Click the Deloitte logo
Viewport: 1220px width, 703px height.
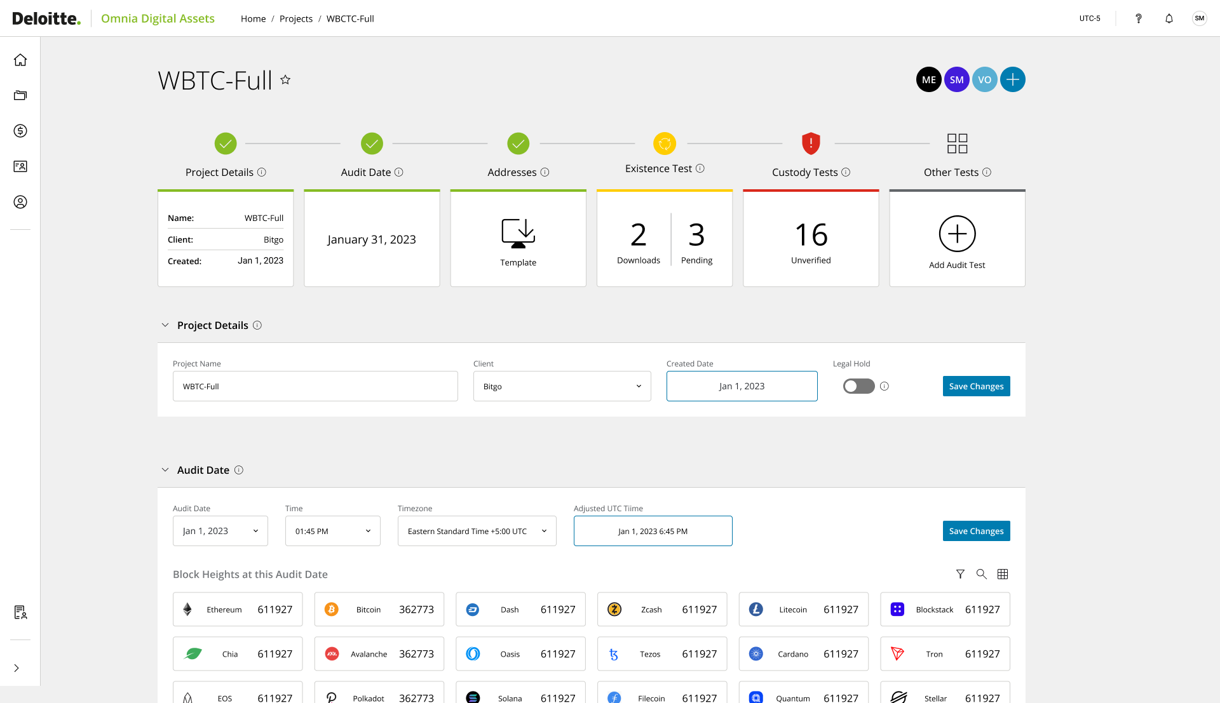pyautogui.click(x=46, y=18)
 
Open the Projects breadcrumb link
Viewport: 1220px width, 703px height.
pyautogui.click(x=295, y=19)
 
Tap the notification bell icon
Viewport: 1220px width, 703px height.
pyautogui.click(x=1169, y=18)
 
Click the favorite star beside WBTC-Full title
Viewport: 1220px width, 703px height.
pyautogui.click(x=285, y=80)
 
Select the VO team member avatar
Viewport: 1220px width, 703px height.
pyautogui.click(x=984, y=80)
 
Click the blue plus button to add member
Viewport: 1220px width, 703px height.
pyautogui.click(x=1012, y=80)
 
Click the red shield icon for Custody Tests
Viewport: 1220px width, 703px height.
pyautogui.click(x=811, y=144)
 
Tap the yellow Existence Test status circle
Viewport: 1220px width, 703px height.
pyautogui.click(x=665, y=144)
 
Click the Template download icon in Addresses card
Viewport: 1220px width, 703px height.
pyautogui.click(x=518, y=233)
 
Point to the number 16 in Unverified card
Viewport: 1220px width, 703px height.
pyautogui.click(x=811, y=235)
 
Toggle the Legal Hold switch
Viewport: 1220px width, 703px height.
pyautogui.click(x=858, y=386)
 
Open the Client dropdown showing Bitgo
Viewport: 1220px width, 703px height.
pyautogui.click(x=562, y=386)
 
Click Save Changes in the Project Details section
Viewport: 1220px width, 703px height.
pyautogui.click(x=976, y=386)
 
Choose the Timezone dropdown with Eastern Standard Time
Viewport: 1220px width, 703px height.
pyautogui.click(x=477, y=531)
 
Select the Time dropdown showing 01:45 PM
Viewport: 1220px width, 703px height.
pyautogui.click(x=332, y=531)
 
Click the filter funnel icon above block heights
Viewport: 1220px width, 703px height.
pyautogui.click(x=960, y=574)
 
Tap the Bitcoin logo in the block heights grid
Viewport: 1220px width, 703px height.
pyautogui.click(x=332, y=610)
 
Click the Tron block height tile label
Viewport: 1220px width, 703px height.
pyautogui.click(x=934, y=654)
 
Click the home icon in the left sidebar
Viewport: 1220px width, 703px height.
pyautogui.click(x=20, y=60)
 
